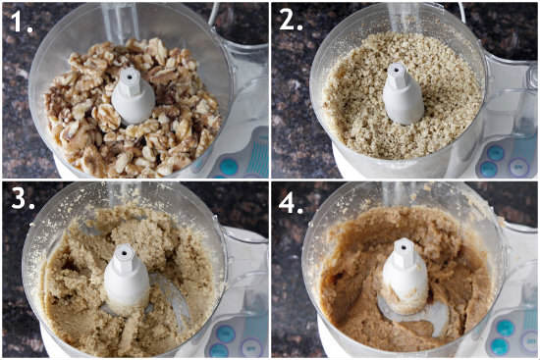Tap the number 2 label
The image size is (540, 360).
click(x=292, y=21)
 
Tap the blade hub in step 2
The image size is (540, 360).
click(x=403, y=93)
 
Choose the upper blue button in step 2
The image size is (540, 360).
click(x=496, y=153)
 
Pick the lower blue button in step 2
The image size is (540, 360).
click(x=488, y=169)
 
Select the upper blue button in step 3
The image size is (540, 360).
click(x=226, y=333)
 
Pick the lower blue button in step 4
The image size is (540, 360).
click(x=498, y=345)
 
